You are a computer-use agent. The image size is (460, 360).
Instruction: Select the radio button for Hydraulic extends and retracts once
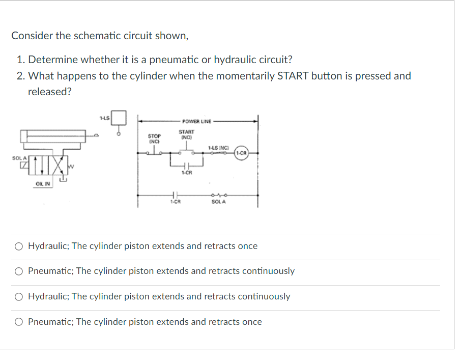coord(19,246)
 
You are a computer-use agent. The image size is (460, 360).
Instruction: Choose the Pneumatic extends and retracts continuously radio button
coord(19,271)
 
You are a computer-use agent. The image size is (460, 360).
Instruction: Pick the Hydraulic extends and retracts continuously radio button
coord(19,297)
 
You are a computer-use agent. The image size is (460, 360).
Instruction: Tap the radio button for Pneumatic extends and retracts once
coord(19,322)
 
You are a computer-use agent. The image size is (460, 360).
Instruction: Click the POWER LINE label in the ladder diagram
coord(196,121)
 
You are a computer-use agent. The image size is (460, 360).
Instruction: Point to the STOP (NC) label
coord(154,138)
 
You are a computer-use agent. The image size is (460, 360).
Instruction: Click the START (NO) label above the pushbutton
coord(186,134)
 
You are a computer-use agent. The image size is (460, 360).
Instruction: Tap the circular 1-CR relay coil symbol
coord(241,152)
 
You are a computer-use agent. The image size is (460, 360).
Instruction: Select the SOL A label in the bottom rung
coord(218,202)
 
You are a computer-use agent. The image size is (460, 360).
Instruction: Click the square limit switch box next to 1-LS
coord(119,118)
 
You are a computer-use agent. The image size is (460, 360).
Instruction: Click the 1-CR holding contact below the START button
coord(186,165)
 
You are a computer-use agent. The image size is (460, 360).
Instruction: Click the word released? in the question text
coord(50,92)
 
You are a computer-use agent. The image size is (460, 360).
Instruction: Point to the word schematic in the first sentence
coord(97,36)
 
